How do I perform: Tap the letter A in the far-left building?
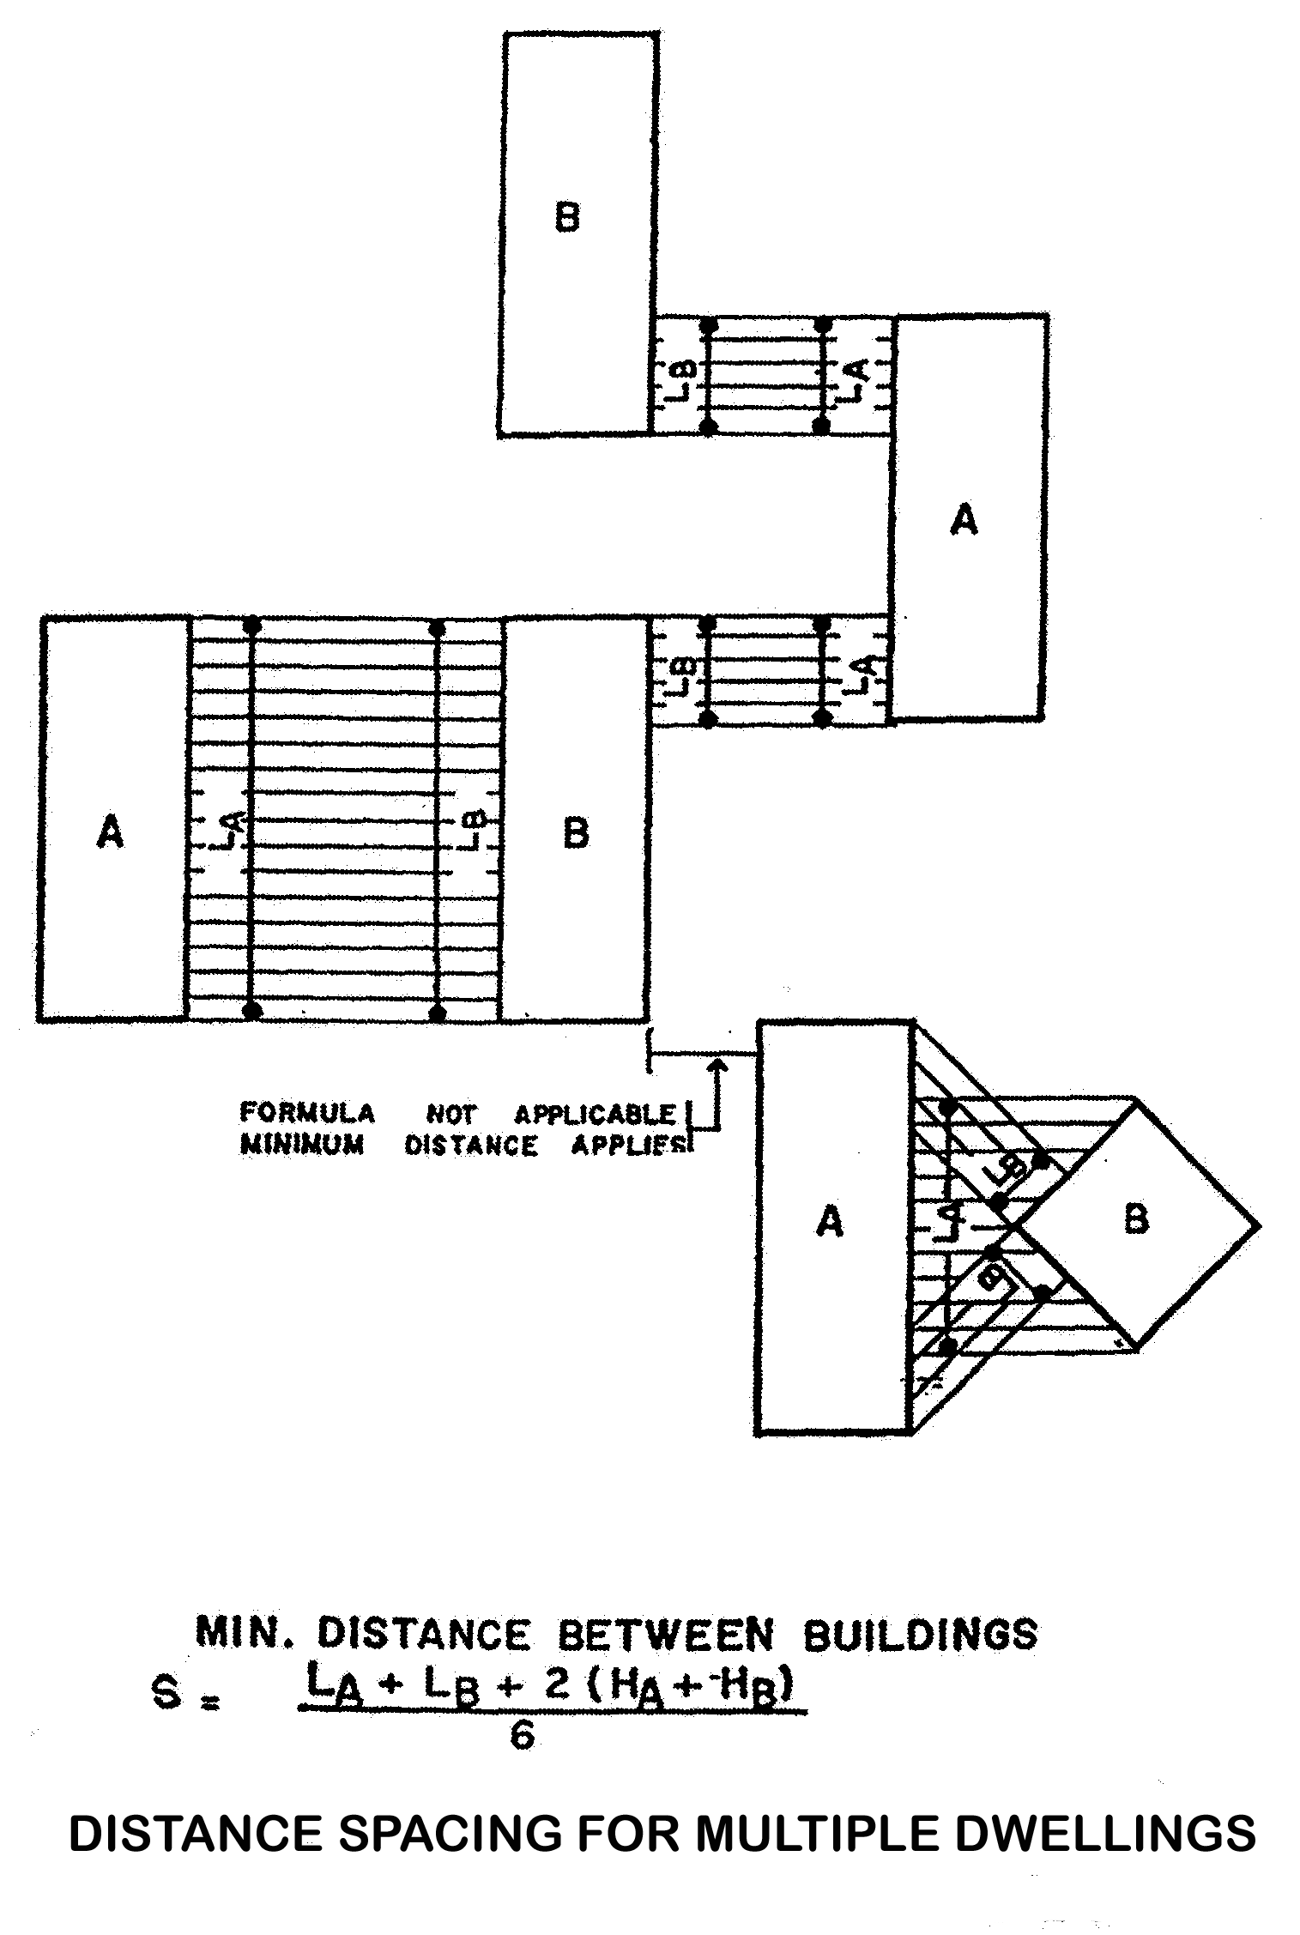tap(110, 831)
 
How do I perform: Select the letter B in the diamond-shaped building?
tap(1135, 1219)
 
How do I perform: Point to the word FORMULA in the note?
tap(307, 1113)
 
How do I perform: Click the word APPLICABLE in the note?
tap(595, 1114)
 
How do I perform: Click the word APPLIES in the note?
tap(631, 1146)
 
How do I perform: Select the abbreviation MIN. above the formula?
tap(246, 1633)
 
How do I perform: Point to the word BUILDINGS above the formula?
tap(920, 1635)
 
